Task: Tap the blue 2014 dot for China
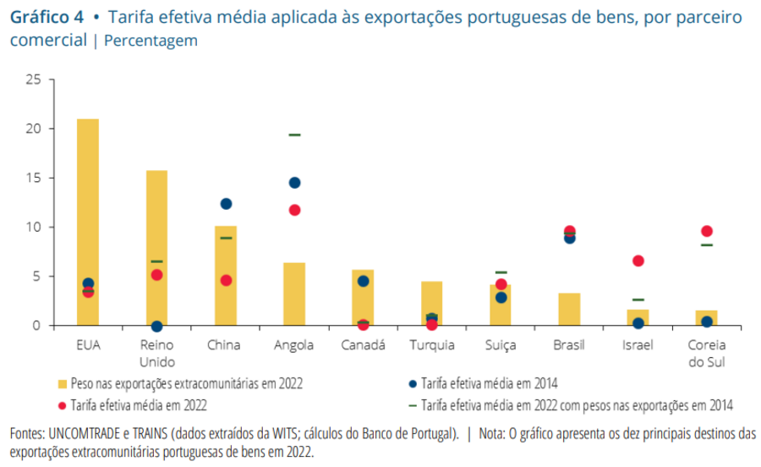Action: point(226,204)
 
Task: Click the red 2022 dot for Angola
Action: point(294,210)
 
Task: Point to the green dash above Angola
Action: point(294,135)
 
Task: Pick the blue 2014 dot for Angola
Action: point(294,183)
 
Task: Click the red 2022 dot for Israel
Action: point(638,261)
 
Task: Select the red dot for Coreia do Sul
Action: point(707,231)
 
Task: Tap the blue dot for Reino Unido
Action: point(156,326)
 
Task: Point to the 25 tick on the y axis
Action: point(34,80)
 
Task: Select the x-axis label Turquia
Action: point(432,345)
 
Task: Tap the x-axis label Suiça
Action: point(501,345)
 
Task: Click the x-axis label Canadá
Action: point(363,345)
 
